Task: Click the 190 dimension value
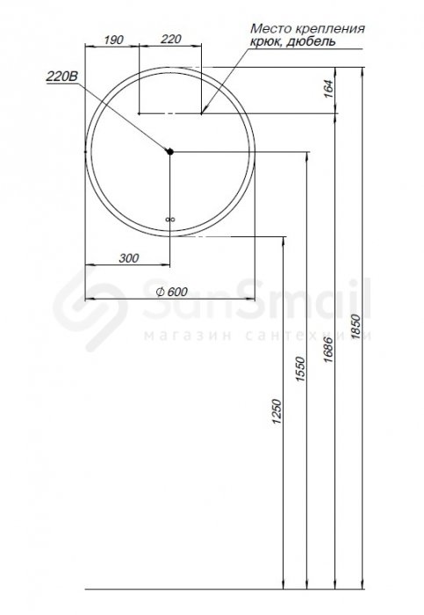(x=113, y=40)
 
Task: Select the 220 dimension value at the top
(x=171, y=39)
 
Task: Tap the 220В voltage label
(x=62, y=76)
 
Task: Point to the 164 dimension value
(x=328, y=89)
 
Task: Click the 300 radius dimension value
(x=129, y=258)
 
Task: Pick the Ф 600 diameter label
(x=172, y=292)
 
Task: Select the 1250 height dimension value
(x=277, y=411)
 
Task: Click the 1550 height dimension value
(x=300, y=369)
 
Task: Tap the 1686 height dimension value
(x=328, y=350)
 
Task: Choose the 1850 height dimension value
(x=356, y=326)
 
